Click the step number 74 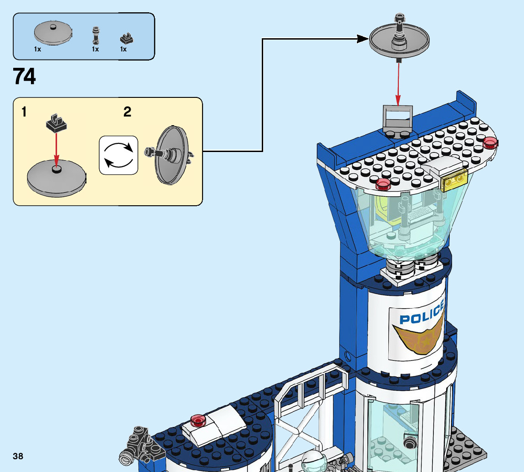(25, 76)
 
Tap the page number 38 (18, 456)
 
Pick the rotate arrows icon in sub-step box (118, 155)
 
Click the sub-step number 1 (24, 112)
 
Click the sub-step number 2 (127, 112)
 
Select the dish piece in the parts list (52, 34)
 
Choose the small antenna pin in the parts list (96, 36)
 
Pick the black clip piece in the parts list (126, 38)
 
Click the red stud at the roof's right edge (490, 142)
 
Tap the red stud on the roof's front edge (383, 184)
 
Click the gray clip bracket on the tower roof (398, 119)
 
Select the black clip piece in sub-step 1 (56, 123)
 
